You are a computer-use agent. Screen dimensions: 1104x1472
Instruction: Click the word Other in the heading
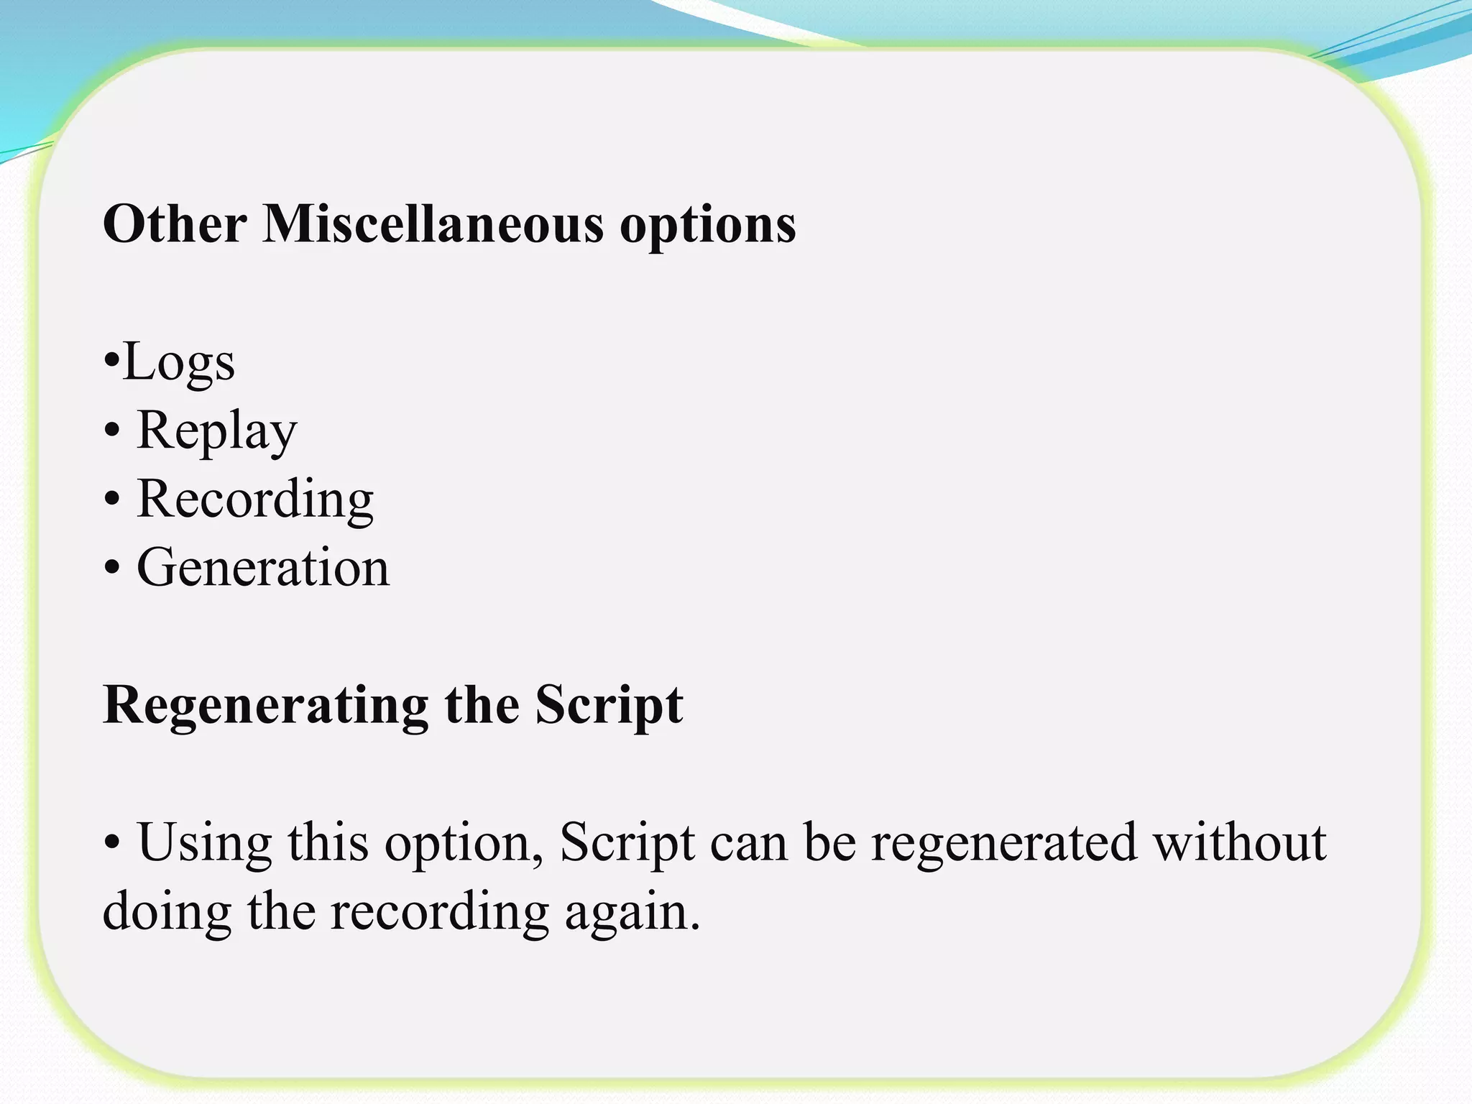(x=175, y=224)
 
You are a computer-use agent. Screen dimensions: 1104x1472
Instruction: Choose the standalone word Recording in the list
(x=255, y=499)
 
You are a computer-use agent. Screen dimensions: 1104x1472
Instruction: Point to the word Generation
(x=263, y=568)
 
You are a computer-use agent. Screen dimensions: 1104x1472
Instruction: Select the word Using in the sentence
(x=205, y=842)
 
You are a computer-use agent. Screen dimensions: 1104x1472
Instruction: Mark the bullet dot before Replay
(x=111, y=431)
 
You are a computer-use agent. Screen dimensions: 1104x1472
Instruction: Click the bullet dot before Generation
(x=111, y=568)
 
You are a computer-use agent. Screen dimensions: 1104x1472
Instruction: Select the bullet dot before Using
(x=111, y=842)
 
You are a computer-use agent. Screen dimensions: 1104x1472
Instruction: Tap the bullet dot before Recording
(x=111, y=499)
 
